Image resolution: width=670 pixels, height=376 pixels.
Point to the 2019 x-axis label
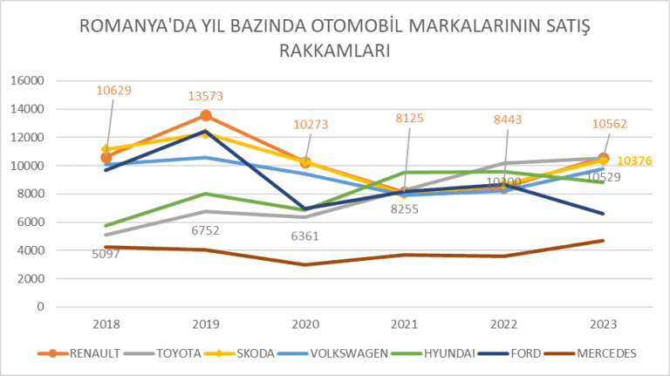pos(206,323)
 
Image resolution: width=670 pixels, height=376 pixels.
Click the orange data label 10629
pos(113,90)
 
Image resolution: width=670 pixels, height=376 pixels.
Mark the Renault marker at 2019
pos(206,115)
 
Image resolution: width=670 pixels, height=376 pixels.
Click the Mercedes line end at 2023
pos(603,241)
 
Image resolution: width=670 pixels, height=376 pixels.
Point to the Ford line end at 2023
pos(603,213)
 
